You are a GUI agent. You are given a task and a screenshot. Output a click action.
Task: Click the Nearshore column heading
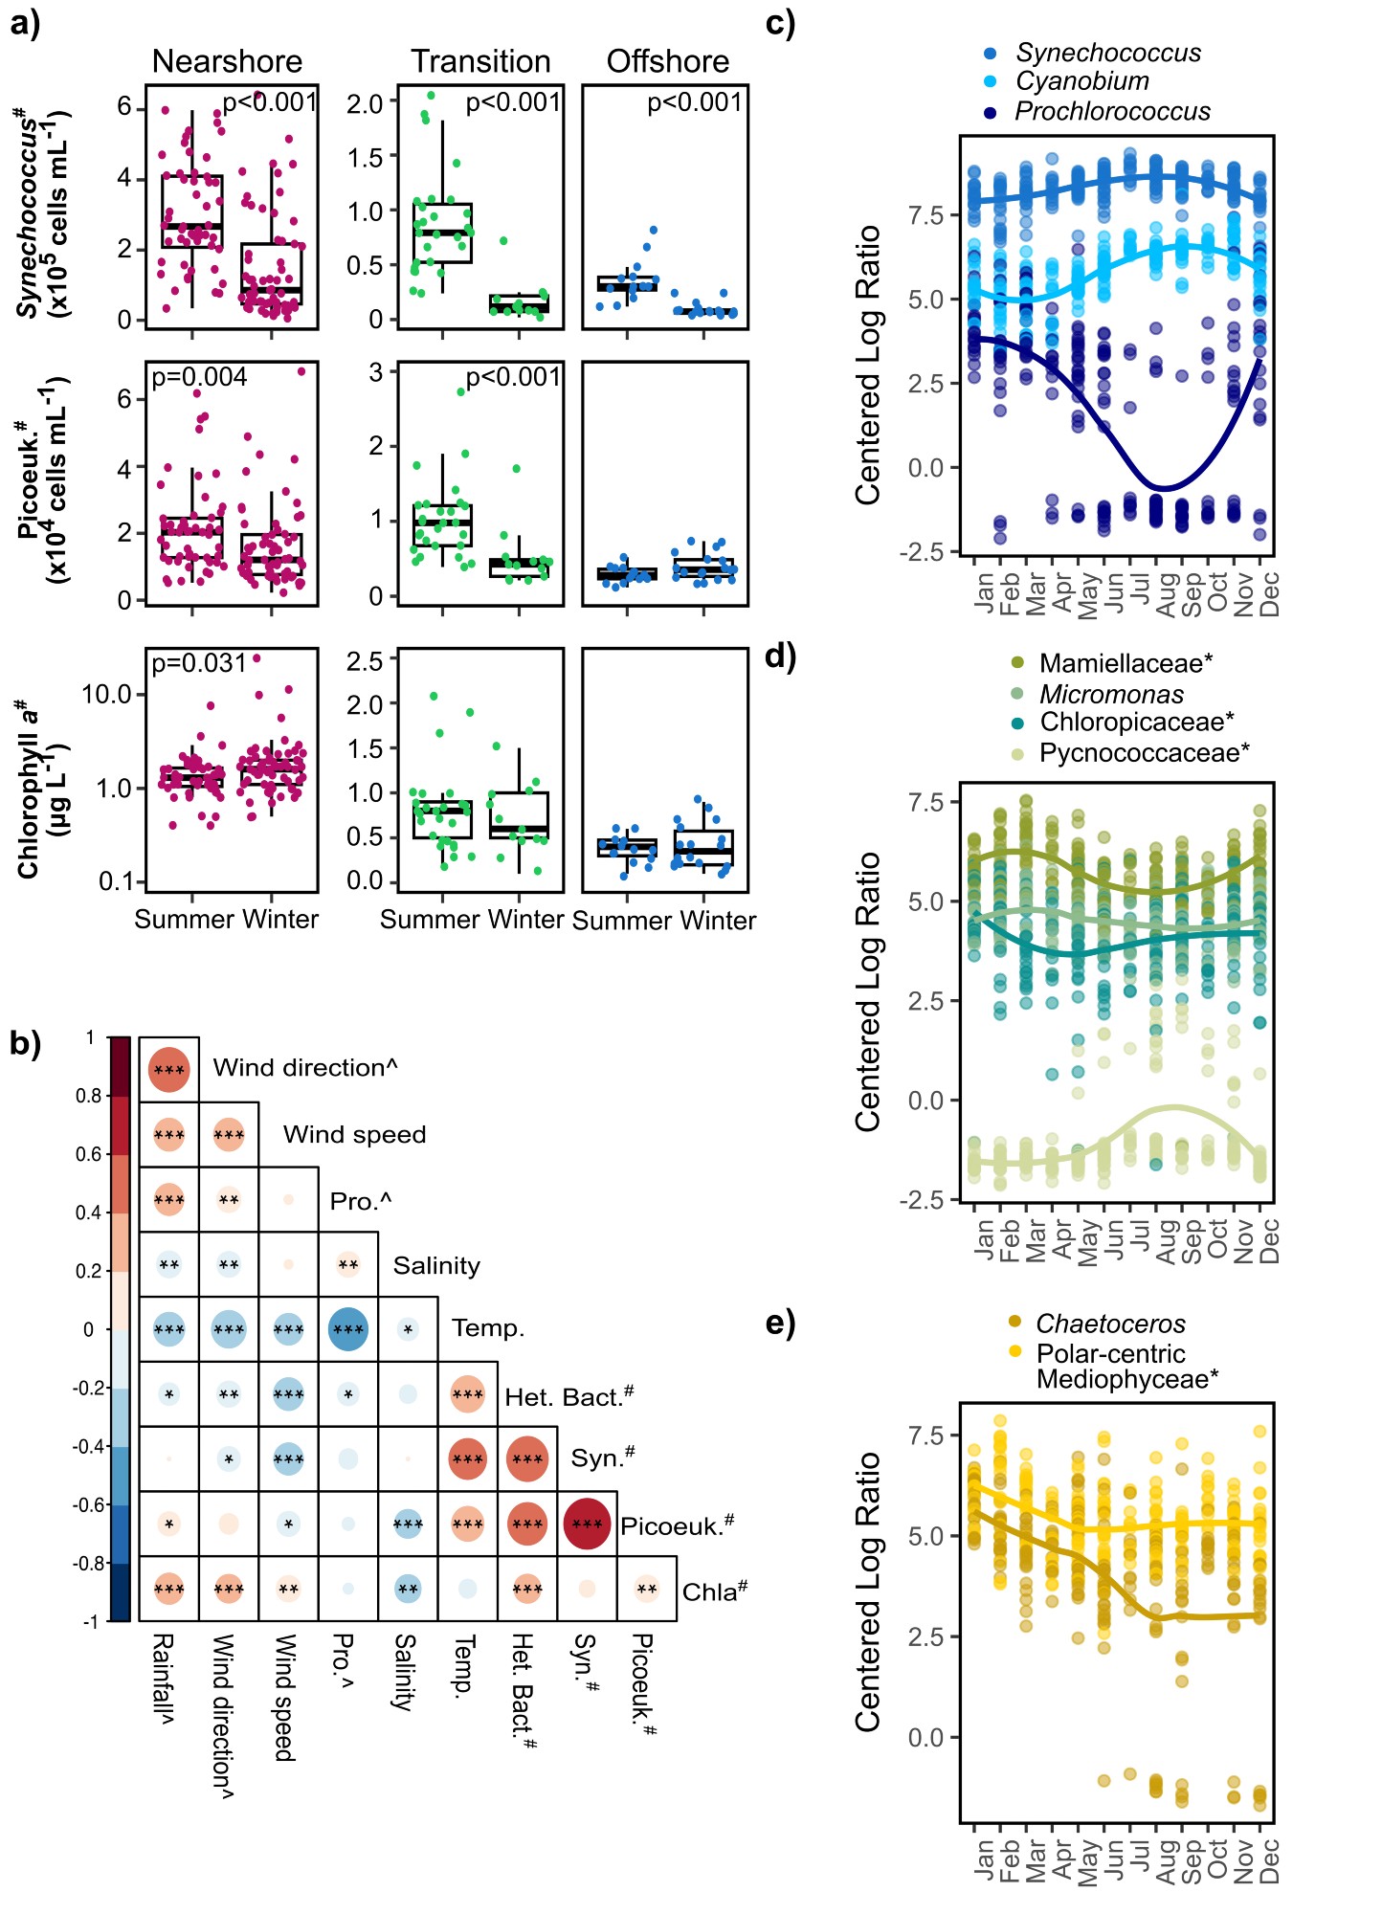coord(227,61)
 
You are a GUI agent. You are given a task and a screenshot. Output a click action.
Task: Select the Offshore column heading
coord(667,61)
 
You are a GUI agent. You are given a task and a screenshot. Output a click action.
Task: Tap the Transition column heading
coord(480,61)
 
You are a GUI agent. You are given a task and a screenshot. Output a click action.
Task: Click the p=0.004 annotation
coord(199,378)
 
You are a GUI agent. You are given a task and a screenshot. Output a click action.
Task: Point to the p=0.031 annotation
coord(199,663)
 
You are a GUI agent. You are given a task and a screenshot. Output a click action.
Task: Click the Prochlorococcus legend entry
coord(1111,112)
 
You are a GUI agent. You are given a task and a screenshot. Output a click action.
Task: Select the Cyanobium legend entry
coord(1081,81)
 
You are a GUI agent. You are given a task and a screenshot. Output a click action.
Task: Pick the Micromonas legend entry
coord(1098,694)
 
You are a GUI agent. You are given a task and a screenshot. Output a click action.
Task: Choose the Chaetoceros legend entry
coord(1110,1324)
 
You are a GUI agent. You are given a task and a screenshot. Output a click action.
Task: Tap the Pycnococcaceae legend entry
coord(1144,753)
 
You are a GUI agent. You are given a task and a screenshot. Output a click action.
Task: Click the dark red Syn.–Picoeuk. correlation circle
coord(587,1524)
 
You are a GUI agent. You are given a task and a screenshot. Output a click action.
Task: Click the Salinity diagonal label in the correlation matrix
coord(436,1265)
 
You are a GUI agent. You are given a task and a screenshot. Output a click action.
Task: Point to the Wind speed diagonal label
coord(354,1134)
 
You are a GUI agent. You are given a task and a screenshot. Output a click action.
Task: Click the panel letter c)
coord(780,23)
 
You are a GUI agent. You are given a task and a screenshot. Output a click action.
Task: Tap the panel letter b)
coord(25,1043)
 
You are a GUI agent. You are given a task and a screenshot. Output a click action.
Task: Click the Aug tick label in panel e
coord(1166,1861)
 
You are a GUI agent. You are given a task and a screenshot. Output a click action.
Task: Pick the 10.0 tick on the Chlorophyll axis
coord(106,694)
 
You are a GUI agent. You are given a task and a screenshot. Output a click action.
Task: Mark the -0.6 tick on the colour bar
coord(92,1504)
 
